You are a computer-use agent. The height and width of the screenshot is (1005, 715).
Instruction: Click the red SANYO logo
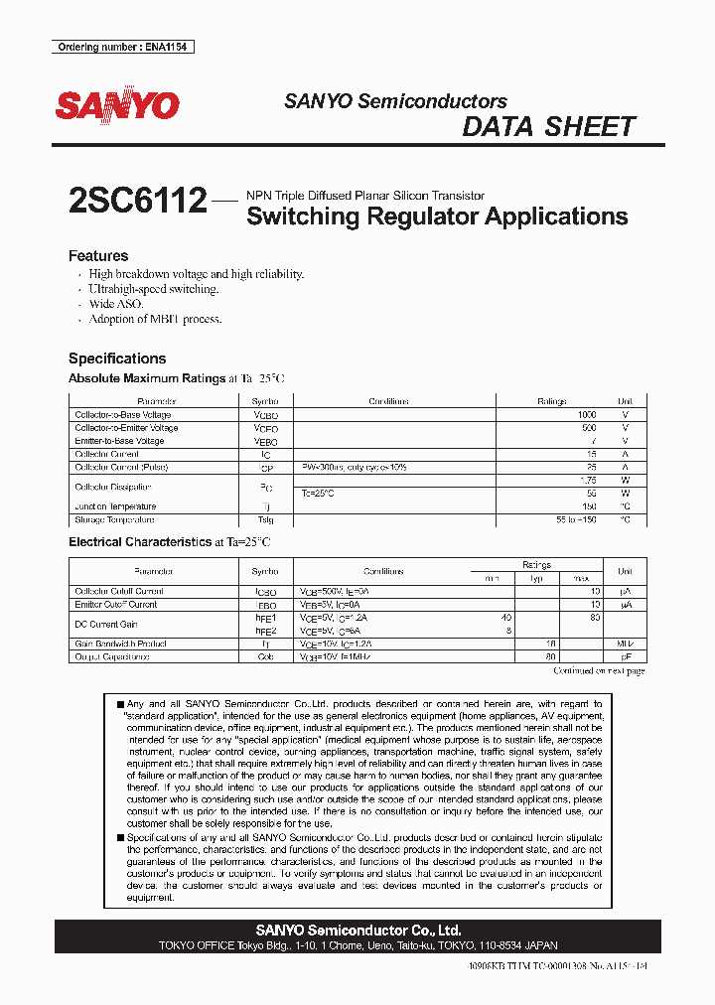pyautogui.click(x=116, y=105)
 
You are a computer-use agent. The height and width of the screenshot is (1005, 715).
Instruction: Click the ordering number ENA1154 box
pyautogui.click(x=122, y=47)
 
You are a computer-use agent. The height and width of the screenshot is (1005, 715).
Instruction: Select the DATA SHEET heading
pyautogui.click(x=548, y=127)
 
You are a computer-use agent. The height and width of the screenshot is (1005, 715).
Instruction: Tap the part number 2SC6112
pyautogui.click(x=138, y=202)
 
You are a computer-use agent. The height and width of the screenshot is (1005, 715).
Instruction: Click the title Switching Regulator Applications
pyautogui.click(x=436, y=216)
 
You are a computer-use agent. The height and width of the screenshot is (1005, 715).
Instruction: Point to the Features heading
pyautogui.click(x=98, y=256)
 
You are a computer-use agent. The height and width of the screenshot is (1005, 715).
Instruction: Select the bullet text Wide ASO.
pyautogui.click(x=116, y=304)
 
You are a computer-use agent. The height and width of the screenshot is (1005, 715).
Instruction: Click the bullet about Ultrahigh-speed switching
pyautogui.click(x=153, y=289)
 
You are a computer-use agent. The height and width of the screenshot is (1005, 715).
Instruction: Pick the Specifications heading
pyautogui.click(x=117, y=359)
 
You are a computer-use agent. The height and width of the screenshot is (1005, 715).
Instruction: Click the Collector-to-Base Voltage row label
pyautogui.click(x=123, y=415)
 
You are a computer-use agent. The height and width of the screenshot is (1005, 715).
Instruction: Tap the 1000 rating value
pyautogui.click(x=586, y=415)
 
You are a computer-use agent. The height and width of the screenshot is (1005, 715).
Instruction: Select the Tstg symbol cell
pyautogui.click(x=265, y=520)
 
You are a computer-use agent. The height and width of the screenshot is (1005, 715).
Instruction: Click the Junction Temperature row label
pyautogui.click(x=118, y=506)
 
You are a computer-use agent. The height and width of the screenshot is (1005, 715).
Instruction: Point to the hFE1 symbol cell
pyautogui.click(x=265, y=618)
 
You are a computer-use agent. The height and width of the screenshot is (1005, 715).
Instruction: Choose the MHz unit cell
pyautogui.click(x=625, y=644)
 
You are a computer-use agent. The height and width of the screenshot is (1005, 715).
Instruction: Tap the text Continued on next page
pyautogui.click(x=598, y=671)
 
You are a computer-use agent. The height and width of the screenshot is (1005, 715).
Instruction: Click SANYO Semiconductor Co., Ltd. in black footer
pyautogui.click(x=357, y=931)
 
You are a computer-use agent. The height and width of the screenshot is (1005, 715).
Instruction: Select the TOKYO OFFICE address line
pyautogui.click(x=357, y=946)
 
